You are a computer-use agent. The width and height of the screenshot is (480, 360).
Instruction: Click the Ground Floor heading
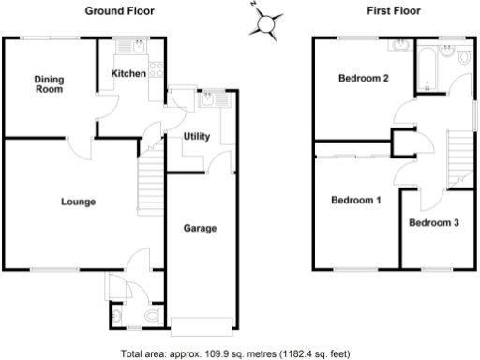(x=120, y=11)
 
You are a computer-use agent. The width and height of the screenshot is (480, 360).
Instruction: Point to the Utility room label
(x=196, y=136)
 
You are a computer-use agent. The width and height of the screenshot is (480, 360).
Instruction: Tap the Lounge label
(x=78, y=202)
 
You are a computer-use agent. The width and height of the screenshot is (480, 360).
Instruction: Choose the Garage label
(x=200, y=228)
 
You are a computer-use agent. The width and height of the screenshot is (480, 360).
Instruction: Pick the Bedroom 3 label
(x=433, y=223)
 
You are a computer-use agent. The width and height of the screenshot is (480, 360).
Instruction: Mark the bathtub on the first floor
(x=432, y=67)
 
